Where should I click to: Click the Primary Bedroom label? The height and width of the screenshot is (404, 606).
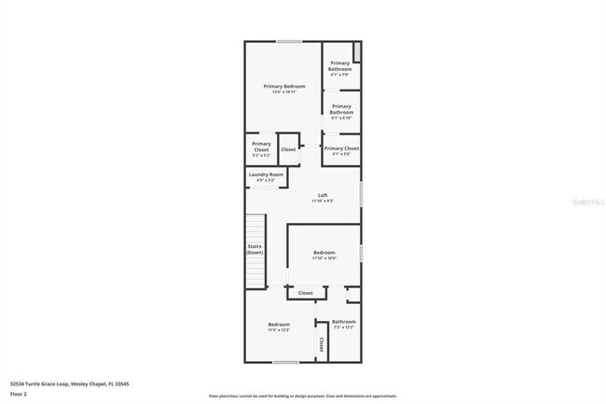coord(283,86)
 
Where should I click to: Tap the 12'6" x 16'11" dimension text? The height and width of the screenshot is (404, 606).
coord(283,92)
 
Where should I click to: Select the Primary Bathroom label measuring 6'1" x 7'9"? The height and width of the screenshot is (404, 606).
coord(340,66)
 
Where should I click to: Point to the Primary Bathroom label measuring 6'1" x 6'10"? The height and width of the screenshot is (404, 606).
coord(340,112)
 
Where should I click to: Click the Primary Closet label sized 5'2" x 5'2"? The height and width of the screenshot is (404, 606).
coord(261,146)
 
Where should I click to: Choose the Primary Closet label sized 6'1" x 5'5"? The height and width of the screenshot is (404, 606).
coord(341,148)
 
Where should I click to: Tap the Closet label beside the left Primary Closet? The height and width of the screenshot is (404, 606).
coord(288,149)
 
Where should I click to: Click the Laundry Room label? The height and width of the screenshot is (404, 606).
coord(266,174)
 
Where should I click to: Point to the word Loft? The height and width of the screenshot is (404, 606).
coord(323,195)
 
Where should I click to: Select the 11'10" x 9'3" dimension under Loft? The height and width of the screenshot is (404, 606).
coord(323,201)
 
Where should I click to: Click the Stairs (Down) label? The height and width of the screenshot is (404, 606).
coord(255,250)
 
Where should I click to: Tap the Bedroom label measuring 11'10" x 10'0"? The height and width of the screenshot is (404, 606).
coord(324,254)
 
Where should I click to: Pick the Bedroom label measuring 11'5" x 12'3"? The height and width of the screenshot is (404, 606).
coord(280,325)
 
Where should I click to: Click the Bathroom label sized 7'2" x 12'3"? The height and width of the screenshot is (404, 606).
coord(343,322)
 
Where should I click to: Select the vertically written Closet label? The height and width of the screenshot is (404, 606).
coord(322,344)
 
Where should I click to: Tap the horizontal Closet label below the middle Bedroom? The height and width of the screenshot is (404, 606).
coord(305,293)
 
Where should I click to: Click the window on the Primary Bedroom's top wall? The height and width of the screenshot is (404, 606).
coord(288,41)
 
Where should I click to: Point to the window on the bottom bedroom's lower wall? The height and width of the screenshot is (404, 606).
coord(285,361)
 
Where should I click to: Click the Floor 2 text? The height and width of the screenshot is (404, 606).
coord(19,395)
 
